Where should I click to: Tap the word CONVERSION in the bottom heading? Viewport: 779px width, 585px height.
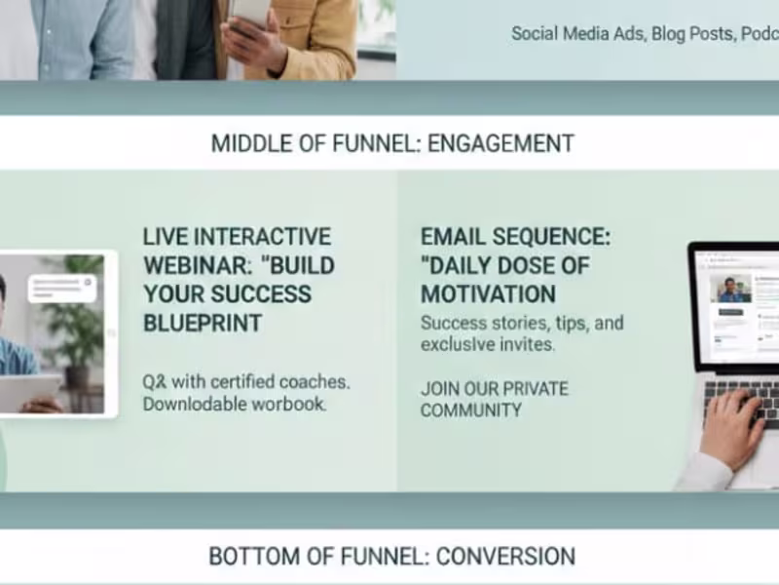click(x=505, y=557)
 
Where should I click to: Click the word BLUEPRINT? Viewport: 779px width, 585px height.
click(x=202, y=323)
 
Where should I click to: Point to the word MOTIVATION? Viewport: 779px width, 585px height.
click(x=488, y=294)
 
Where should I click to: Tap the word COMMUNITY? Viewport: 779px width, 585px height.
click(x=471, y=410)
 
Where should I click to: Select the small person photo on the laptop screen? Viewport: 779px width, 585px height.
click(x=732, y=291)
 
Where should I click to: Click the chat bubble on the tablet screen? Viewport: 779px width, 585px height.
click(x=61, y=288)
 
